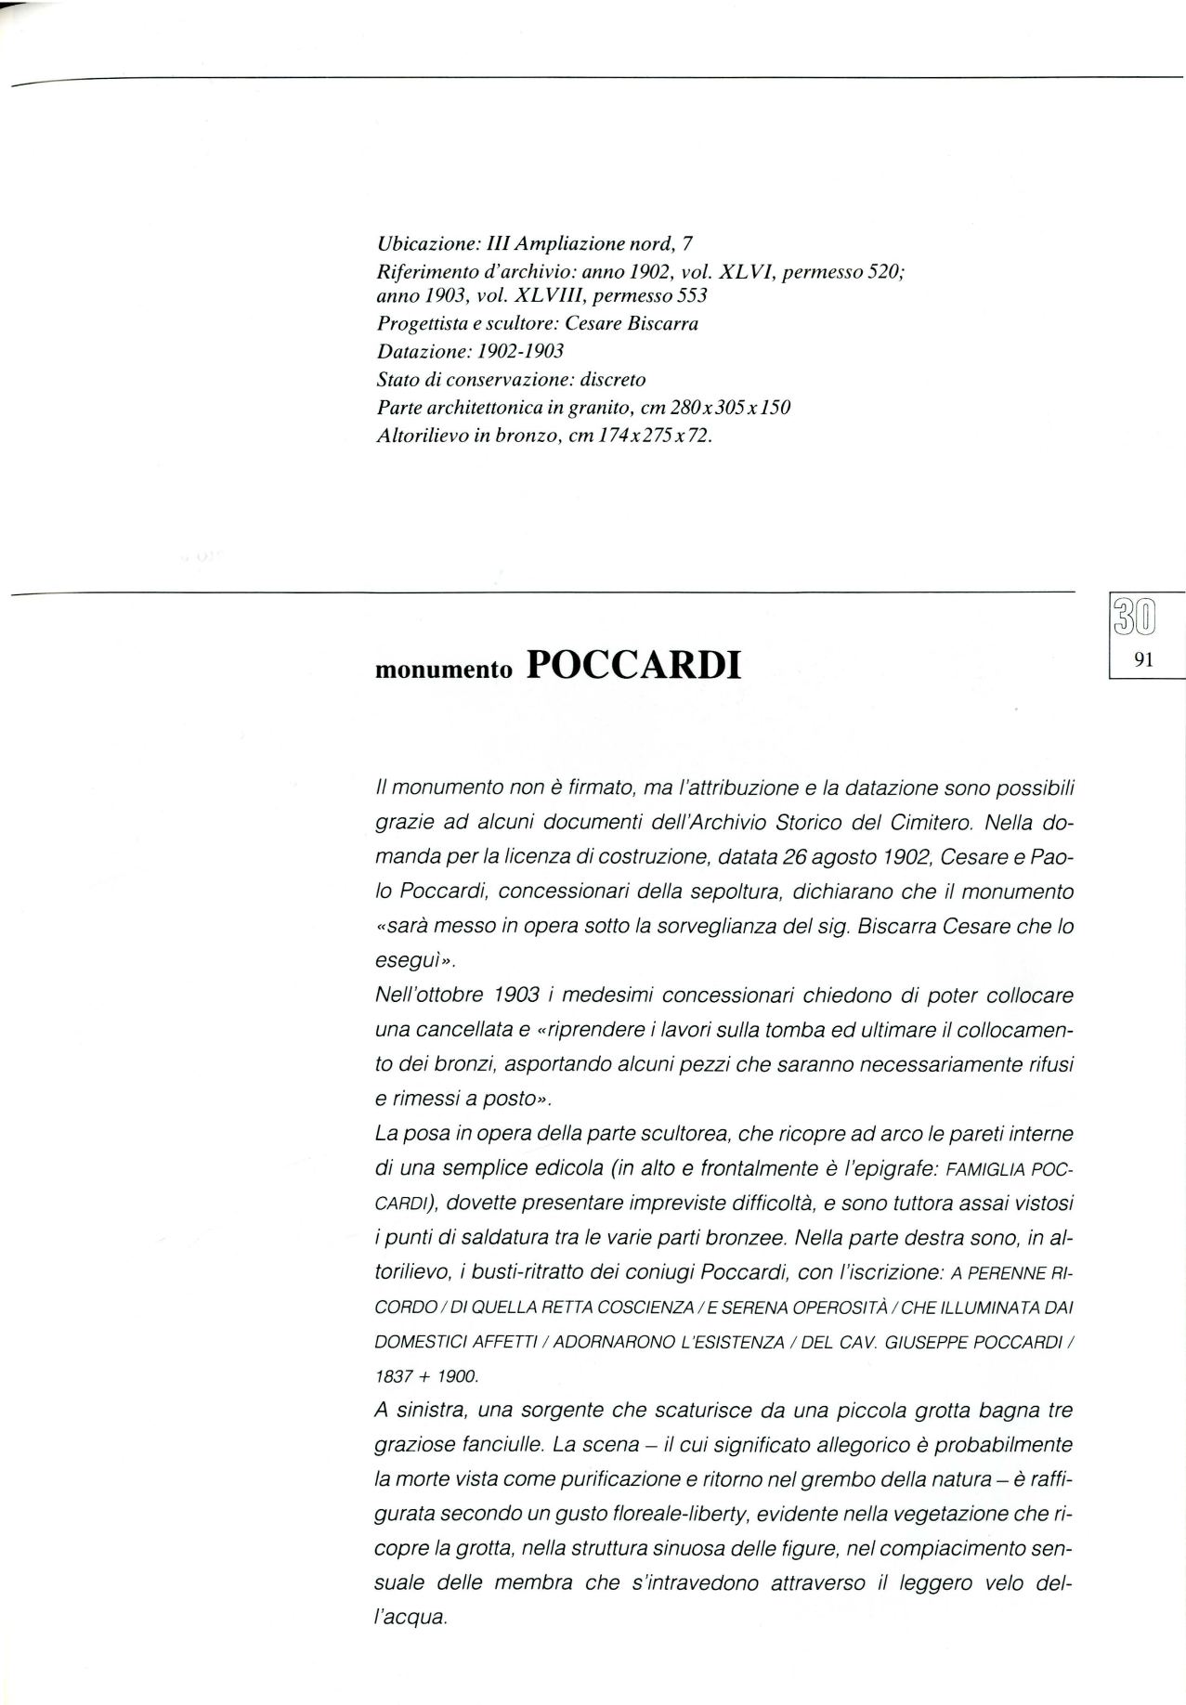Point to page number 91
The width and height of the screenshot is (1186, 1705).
pyautogui.click(x=1143, y=662)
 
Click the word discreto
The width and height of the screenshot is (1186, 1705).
pyautogui.click(x=611, y=379)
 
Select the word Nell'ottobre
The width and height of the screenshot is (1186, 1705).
pyautogui.click(x=425, y=996)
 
